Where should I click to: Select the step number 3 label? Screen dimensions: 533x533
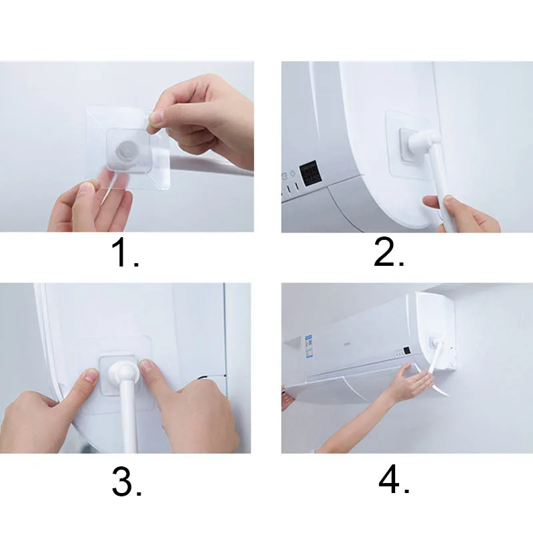click(x=127, y=482)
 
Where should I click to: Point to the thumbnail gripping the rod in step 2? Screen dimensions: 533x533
click(x=448, y=199)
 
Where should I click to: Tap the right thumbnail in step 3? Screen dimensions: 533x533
click(x=147, y=366)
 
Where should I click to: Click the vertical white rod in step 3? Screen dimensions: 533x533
click(x=127, y=420)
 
